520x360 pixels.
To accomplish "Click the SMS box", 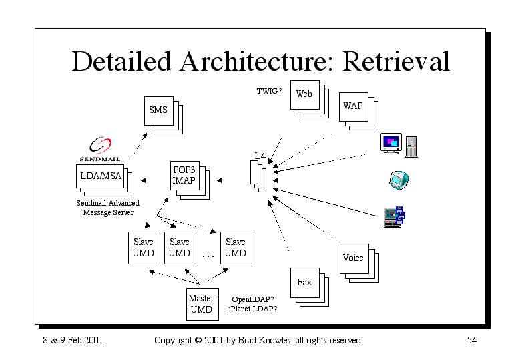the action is click(x=159, y=110).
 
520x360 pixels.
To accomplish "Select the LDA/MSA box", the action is click(x=100, y=176).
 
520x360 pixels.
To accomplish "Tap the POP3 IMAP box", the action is click(x=185, y=176).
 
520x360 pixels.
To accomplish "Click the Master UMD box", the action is click(x=202, y=304).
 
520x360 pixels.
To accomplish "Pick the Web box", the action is click(x=305, y=95).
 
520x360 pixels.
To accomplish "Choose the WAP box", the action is click(x=354, y=106).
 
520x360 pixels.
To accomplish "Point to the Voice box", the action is click(x=354, y=258).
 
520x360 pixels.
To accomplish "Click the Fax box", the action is click(x=305, y=283).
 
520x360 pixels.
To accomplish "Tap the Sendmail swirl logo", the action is click(x=101, y=145).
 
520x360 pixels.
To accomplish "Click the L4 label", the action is click(x=260, y=156).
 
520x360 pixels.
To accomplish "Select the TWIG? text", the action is click(x=269, y=91).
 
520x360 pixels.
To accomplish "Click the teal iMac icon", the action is click(x=399, y=180).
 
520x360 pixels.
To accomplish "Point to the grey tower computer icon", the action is click(x=411, y=147).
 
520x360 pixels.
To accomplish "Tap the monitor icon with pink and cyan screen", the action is click(x=391, y=144).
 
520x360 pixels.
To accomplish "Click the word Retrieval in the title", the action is click(x=396, y=61).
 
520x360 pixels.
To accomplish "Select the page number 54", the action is click(x=471, y=340).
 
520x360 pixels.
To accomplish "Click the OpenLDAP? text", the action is click(x=253, y=299).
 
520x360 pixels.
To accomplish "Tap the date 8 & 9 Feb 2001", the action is click(x=73, y=340).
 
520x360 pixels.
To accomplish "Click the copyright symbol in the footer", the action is click(x=198, y=340).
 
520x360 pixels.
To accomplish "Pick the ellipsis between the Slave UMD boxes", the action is click(x=208, y=256).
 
